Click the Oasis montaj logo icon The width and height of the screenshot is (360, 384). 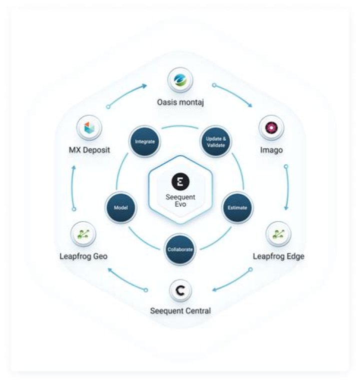pos(180,80)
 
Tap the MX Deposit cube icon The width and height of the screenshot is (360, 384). pos(89,128)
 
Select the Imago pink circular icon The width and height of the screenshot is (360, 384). pos(271,128)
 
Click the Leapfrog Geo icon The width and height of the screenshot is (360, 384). pos(83,234)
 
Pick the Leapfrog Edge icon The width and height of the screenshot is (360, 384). pos(278,234)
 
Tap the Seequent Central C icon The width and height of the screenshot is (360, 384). pos(180,291)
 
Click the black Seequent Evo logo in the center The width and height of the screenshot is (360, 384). pos(180,181)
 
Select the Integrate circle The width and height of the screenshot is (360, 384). pos(145,142)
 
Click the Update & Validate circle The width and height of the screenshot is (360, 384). pos(215,142)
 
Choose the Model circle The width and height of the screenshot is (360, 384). pos(121,208)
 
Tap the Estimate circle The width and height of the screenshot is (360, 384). pos(237,208)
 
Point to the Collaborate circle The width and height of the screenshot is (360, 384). pos(180,249)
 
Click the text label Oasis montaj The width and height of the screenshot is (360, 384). pos(180,102)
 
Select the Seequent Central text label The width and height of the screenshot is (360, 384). pos(180,311)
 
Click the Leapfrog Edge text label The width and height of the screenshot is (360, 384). pos(278,256)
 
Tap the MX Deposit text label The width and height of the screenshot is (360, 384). pos(89,150)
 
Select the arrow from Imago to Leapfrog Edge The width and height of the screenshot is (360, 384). pos(287,188)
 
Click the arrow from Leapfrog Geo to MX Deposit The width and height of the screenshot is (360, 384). pos(72,188)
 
